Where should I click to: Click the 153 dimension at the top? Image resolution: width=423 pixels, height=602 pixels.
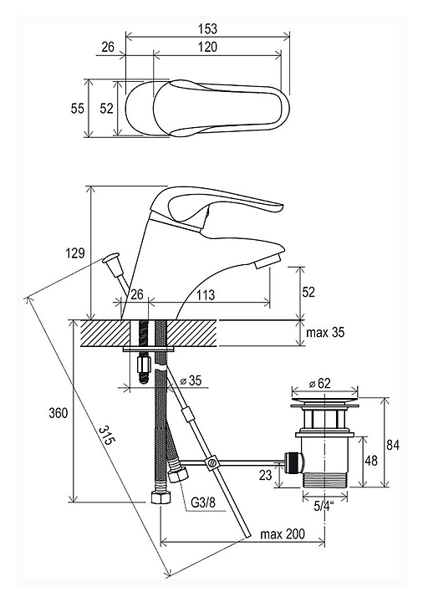pos(207,28)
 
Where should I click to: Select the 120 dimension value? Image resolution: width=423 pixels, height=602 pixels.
pos(207,47)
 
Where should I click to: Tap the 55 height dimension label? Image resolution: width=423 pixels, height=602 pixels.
pos(77,109)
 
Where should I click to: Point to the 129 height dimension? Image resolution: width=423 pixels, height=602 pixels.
pos(75,253)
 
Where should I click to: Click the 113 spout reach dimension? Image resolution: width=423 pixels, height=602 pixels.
pos(206,295)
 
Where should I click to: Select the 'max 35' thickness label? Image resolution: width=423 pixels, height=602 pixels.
pos(325,332)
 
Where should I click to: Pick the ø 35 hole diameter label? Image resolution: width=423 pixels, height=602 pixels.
pos(191,380)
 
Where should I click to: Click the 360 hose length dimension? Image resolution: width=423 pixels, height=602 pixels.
pos(59,413)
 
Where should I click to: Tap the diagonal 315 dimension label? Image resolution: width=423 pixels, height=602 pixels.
pos(107,435)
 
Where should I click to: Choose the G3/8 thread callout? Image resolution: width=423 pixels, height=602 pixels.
pos(203,503)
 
